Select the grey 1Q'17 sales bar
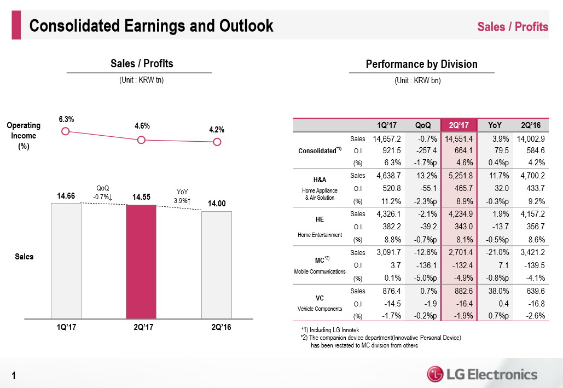(66, 260)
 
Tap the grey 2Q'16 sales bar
(217, 265)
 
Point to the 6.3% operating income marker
(66, 131)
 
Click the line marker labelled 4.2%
(217, 142)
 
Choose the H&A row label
(320, 179)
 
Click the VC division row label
(320, 298)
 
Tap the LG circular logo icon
(436, 374)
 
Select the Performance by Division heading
(421, 64)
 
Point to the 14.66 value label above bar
(66, 195)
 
